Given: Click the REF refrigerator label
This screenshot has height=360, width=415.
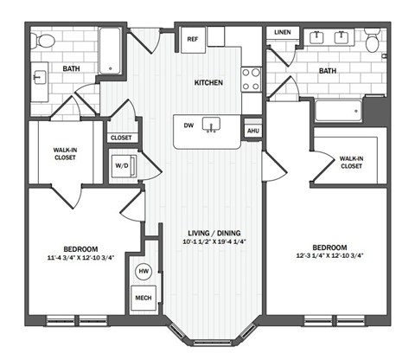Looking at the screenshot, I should coord(191,38).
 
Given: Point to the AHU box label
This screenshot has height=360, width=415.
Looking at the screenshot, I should coord(252,131).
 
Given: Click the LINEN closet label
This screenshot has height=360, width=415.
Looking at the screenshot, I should coord(283,33).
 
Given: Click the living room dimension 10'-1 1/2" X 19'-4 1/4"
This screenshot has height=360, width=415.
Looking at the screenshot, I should coord(214,244).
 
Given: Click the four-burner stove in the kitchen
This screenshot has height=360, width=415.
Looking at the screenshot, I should coord(251,79).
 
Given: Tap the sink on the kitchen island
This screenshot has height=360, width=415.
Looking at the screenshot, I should coord(210,126).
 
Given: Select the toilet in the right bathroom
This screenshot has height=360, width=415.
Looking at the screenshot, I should coord(372,40).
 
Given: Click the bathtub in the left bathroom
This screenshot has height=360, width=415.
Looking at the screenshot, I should coord(111,50).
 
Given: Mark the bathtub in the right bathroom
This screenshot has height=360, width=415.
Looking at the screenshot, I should coord(339,109).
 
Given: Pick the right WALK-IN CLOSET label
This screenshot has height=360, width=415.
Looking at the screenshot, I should coord(350,162).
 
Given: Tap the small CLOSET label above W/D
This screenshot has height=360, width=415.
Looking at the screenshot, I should coord(120,137).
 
